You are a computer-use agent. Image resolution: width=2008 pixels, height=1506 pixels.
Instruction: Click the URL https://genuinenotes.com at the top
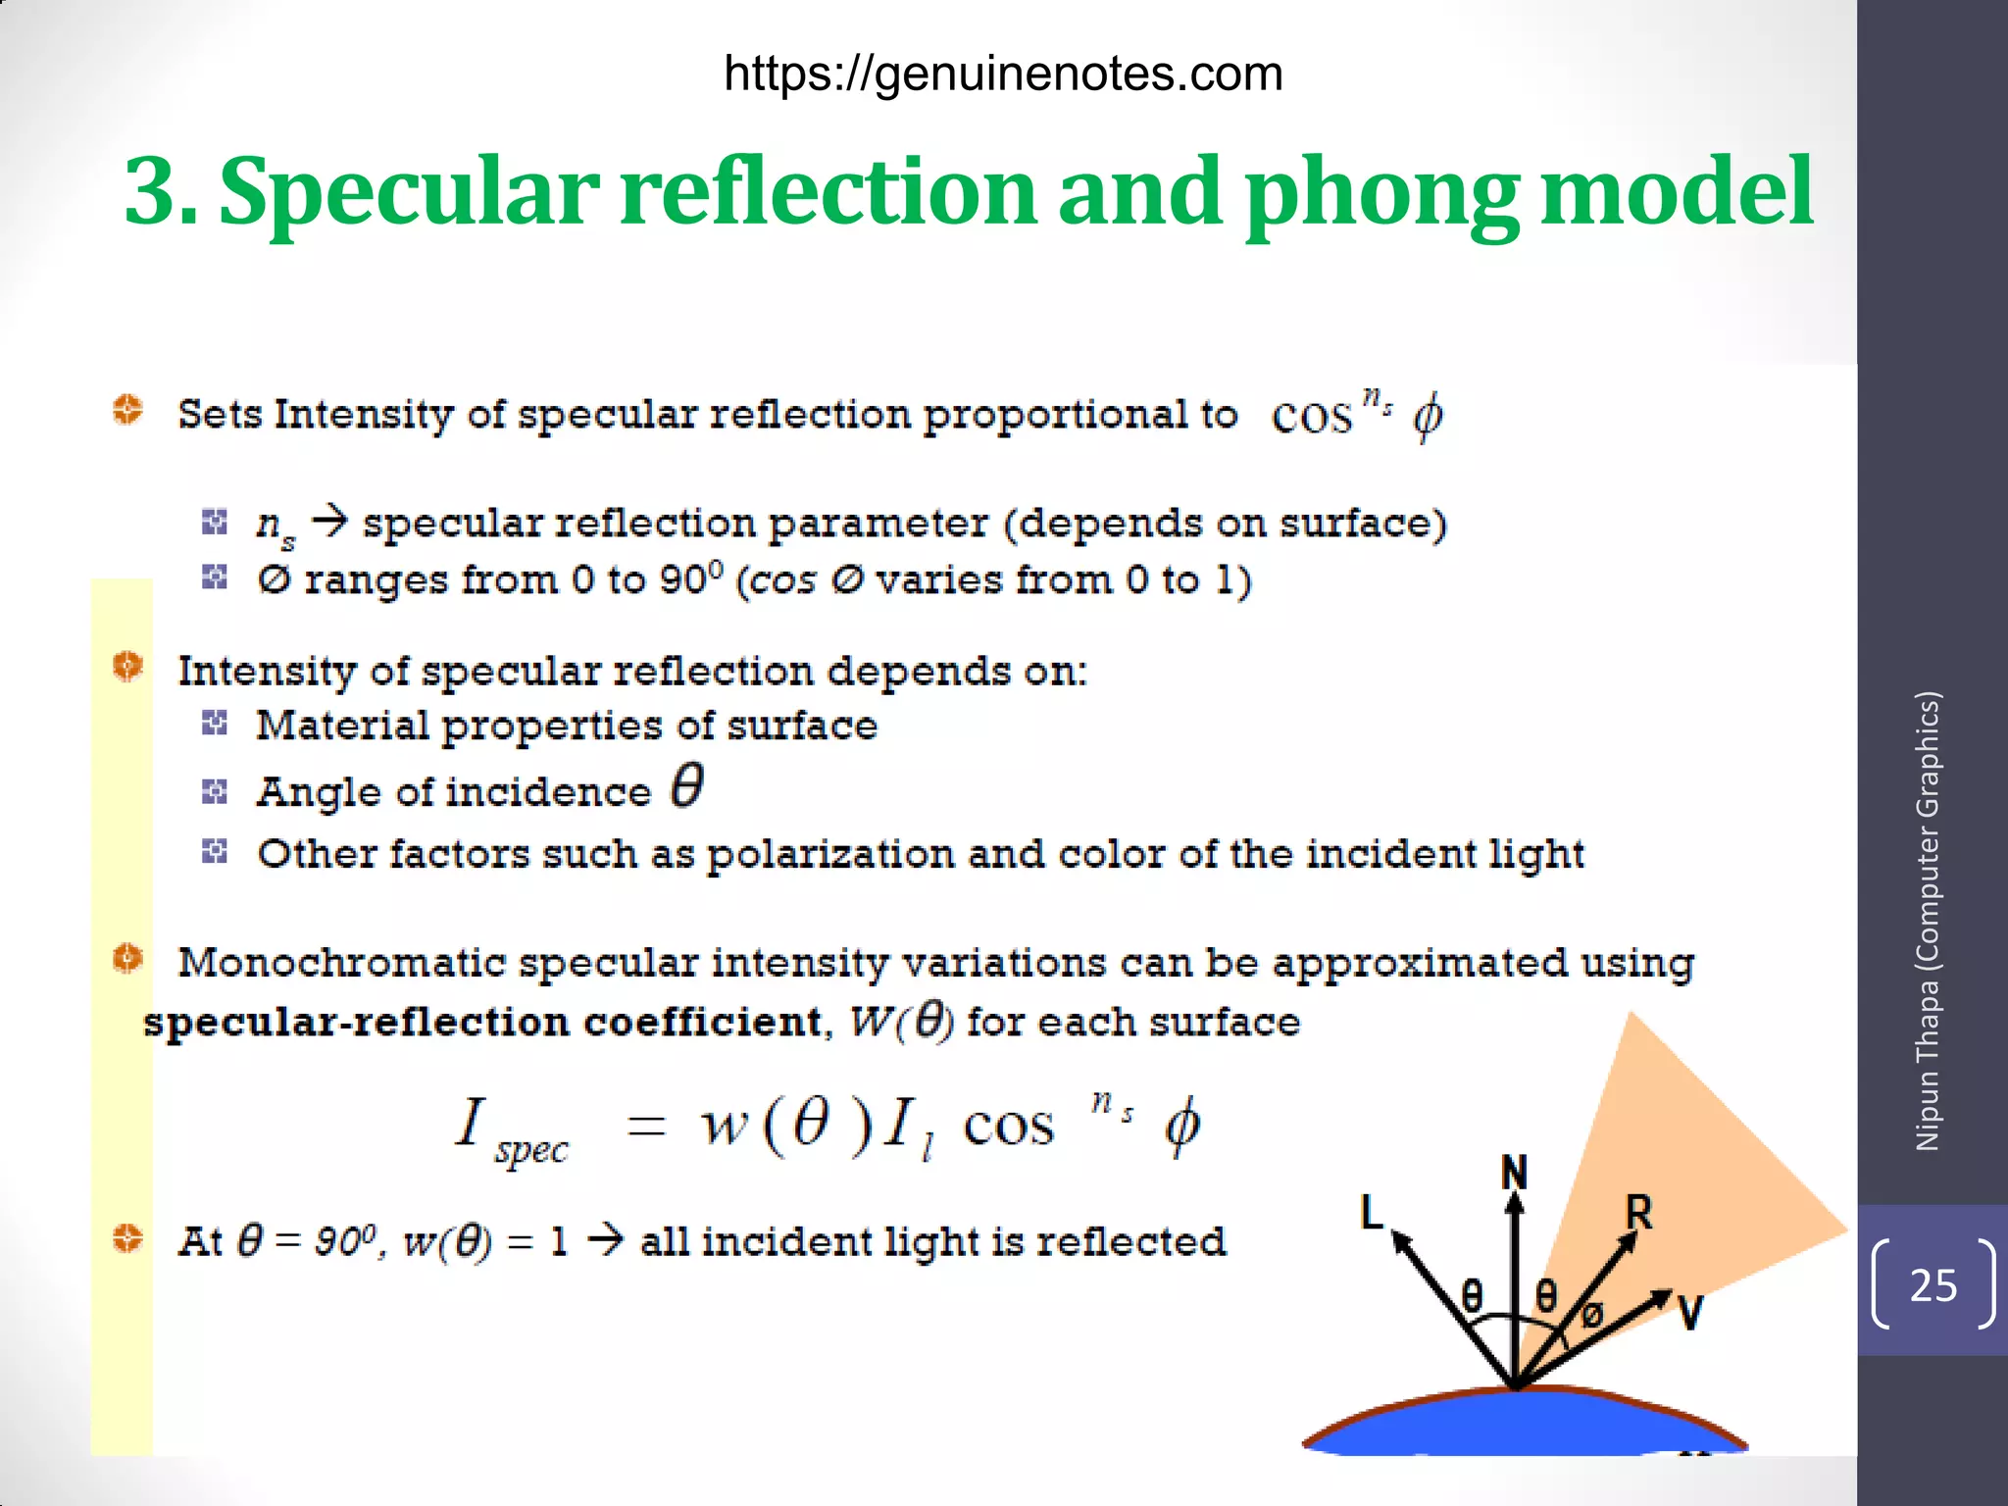coord(1003,75)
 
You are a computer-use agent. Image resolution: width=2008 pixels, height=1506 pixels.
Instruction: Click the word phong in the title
coord(1382,193)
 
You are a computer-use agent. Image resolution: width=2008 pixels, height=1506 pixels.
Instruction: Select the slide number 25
coord(1933,1285)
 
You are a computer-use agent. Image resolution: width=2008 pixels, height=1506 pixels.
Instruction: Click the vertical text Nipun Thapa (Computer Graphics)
coord(1928,921)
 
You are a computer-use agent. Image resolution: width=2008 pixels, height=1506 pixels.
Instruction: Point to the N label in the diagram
coord(1515,1173)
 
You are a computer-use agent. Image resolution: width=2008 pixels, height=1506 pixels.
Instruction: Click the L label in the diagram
coord(1372,1212)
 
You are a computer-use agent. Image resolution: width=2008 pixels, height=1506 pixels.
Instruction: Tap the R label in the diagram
coord(1638,1213)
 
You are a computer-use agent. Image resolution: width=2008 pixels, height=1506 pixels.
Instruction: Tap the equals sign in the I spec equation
coord(647,1127)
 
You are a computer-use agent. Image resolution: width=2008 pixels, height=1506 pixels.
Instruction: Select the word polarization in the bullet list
coord(829,855)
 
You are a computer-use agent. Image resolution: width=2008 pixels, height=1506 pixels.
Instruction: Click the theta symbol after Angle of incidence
coord(687,786)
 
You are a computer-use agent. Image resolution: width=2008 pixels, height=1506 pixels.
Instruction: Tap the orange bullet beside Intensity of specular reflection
coord(127,667)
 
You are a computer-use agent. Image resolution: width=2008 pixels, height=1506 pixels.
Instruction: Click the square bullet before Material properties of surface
coord(215,725)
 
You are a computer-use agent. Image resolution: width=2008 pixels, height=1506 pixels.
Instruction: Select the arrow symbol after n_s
coord(329,521)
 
